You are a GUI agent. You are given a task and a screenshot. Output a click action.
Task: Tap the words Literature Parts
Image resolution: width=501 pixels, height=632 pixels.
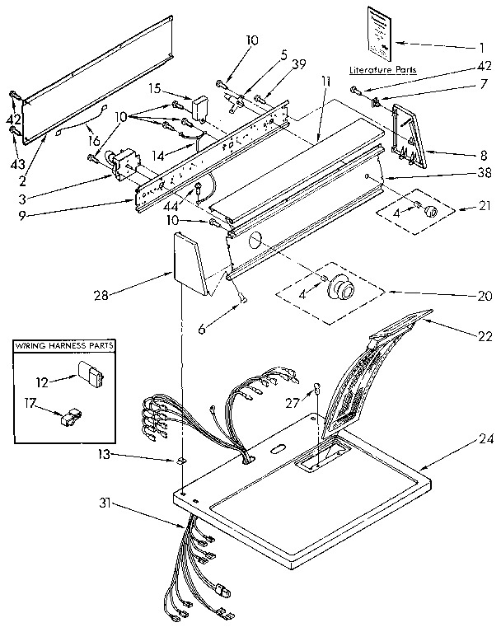tap(382, 71)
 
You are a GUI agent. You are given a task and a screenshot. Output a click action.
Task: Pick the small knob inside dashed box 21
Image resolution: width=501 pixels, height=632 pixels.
tap(428, 212)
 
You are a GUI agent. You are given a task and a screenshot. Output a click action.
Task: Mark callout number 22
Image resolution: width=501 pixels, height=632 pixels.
tap(485, 335)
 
